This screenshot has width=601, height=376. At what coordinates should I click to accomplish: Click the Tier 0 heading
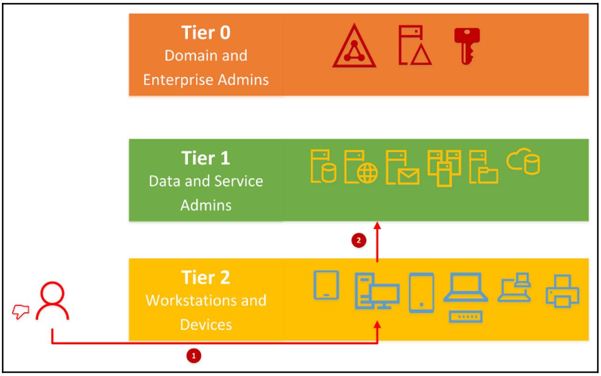[x=206, y=34]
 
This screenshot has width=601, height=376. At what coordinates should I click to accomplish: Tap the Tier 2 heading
[x=206, y=278]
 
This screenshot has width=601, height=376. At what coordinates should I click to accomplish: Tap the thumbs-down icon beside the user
[x=20, y=310]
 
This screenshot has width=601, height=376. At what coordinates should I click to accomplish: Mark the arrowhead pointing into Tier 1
[x=377, y=225]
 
